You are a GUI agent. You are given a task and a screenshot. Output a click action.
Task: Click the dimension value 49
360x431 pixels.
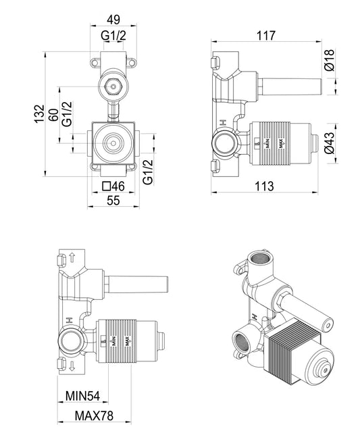113,20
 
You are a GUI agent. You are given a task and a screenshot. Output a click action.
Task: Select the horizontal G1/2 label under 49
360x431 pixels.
113,36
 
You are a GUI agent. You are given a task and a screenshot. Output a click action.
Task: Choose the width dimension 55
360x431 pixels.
113,200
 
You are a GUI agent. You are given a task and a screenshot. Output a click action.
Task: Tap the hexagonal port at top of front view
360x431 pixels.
113,86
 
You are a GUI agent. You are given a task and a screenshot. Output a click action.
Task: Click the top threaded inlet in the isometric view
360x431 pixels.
260,259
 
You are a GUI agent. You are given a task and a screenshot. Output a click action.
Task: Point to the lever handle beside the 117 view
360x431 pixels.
288,86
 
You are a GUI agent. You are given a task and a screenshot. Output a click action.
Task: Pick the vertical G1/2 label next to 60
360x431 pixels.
67,113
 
